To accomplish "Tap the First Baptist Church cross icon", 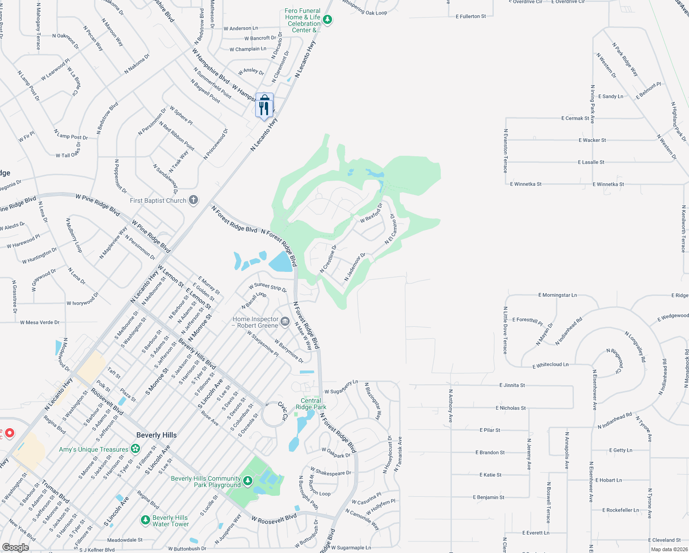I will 194,200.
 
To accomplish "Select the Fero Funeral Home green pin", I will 327,20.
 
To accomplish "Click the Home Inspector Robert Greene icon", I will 285,322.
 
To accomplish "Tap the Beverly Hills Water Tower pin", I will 146,520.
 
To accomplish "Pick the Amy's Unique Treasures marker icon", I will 135,448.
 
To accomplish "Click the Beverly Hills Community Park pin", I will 248,481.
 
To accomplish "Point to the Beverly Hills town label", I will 156,435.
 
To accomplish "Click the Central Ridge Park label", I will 311,404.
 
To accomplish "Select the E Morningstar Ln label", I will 557,295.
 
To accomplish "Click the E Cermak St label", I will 575,118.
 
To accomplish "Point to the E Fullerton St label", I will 471,17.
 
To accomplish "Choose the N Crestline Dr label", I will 328,259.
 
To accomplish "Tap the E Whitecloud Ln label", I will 550,365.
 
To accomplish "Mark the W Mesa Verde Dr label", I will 40,323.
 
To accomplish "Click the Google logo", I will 15,547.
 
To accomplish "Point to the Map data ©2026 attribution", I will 667,549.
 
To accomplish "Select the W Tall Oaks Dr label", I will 68,153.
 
